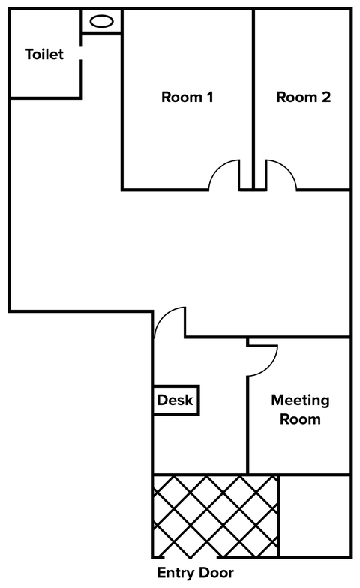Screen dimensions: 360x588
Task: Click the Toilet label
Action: [x=44, y=54]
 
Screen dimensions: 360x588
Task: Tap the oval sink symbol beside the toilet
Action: [x=102, y=21]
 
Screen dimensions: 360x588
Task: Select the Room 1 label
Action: [x=187, y=97]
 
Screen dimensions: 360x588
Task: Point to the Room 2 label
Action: [x=303, y=97]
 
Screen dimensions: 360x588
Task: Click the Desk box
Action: [x=175, y=400]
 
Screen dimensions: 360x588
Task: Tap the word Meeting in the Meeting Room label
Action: [x=300, y=400]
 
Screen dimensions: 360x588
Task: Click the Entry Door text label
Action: [x=195, y=573]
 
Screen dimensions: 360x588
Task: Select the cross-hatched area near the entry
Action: [x=216, y=516]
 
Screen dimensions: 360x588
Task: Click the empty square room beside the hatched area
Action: [x=315, y=516]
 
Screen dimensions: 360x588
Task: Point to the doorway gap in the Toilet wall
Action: [x=81, y=52]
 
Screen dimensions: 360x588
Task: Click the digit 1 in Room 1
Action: [x=210, y=97]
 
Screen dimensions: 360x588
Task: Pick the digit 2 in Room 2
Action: [x=326, y=97]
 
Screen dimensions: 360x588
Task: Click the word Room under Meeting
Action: [x=300, y=418]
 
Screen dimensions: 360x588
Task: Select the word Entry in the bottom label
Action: [x=174, y=573]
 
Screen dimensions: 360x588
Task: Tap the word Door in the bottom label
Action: [x=214, y=573]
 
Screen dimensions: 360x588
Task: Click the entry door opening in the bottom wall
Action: [x=190, y=556]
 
